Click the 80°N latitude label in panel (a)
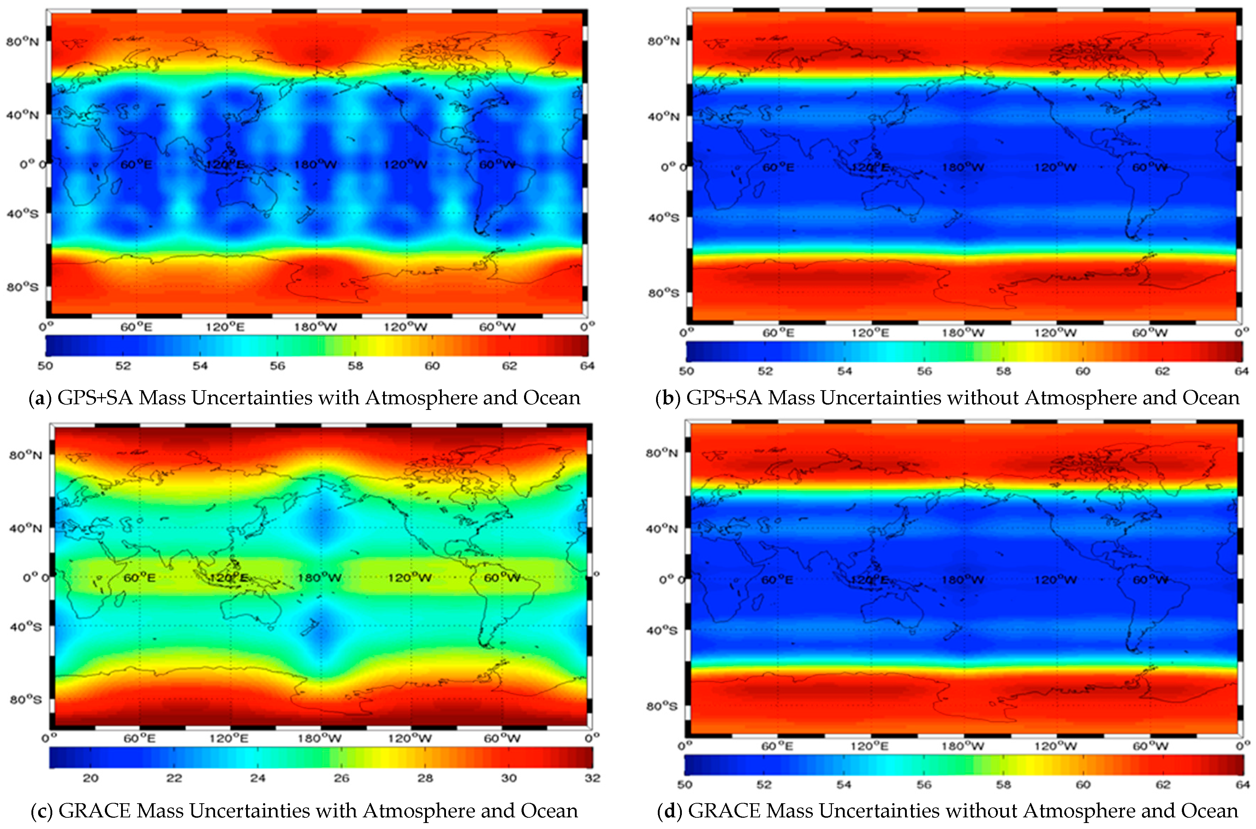[22, 42]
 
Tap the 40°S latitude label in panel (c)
[25, 627]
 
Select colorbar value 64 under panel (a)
[587, 366]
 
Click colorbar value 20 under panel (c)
[90, 778]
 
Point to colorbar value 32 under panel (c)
[593, 778]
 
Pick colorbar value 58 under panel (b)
[1004, 371]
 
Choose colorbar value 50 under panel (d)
[685, 785]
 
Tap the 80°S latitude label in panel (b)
[663, 293]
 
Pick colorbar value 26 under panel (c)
[341, 778]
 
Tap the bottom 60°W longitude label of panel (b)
[1149, 333]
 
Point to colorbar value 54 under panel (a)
[200, 366]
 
